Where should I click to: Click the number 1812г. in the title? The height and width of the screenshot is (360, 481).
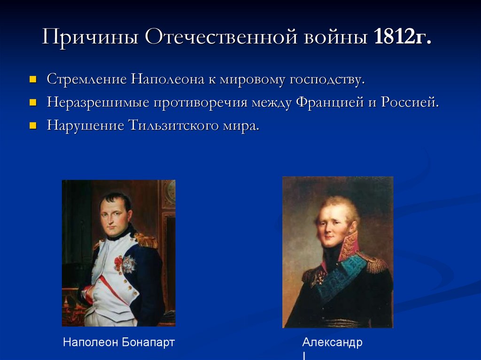(x=402, y=37)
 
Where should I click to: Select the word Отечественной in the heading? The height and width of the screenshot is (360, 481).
(x=221, y=37)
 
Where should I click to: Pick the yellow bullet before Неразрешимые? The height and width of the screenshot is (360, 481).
(x=33, y=102)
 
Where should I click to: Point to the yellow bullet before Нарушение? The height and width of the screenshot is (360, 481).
(x=33, y=126)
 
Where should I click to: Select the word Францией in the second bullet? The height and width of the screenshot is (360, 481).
(x=329, y=102)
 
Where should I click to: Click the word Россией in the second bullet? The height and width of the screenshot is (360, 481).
(x=411, y=102)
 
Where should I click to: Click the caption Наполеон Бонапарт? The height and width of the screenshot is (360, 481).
(x=119, y=342)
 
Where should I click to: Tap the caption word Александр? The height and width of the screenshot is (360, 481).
(x=332, y=342)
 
